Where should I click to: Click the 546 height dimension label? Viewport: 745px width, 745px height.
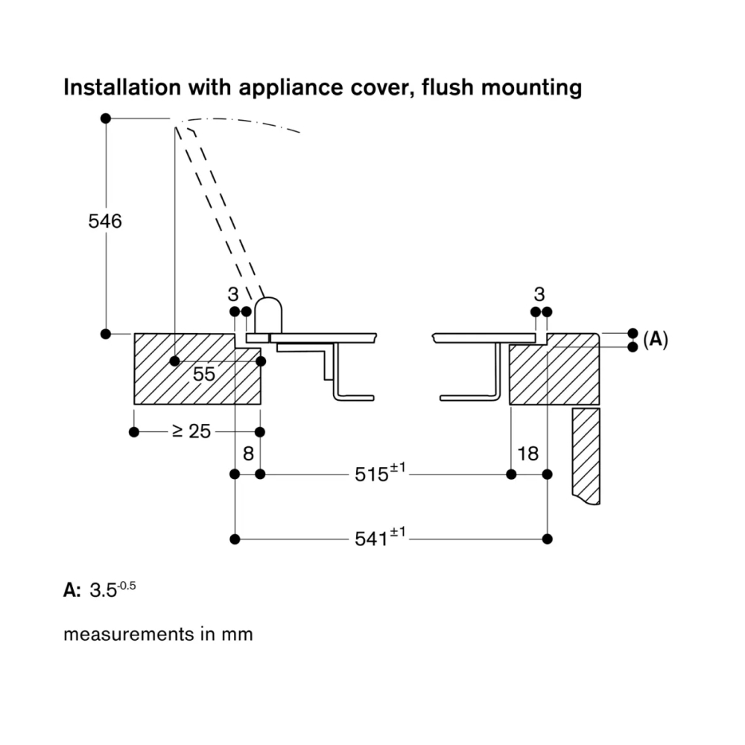[104, 221]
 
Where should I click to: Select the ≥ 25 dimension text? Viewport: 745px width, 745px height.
[191, 431]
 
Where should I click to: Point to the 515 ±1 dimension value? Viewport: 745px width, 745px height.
[379, 473]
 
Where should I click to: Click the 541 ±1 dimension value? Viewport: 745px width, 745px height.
[379, 537]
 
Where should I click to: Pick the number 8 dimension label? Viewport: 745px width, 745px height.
[248, 453]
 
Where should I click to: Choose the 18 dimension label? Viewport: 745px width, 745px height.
[527, 453]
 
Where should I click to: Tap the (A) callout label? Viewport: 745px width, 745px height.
[655, 340]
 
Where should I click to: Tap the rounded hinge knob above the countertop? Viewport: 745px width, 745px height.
[268, 314]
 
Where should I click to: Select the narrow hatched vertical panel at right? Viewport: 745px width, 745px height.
[586, 454]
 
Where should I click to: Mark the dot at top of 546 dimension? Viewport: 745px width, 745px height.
[105, 118]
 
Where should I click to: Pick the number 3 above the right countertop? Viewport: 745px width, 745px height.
[540, 294]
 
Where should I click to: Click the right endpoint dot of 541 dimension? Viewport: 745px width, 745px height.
[548, 538]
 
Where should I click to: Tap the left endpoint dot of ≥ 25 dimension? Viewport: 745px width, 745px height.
[134, 432]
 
